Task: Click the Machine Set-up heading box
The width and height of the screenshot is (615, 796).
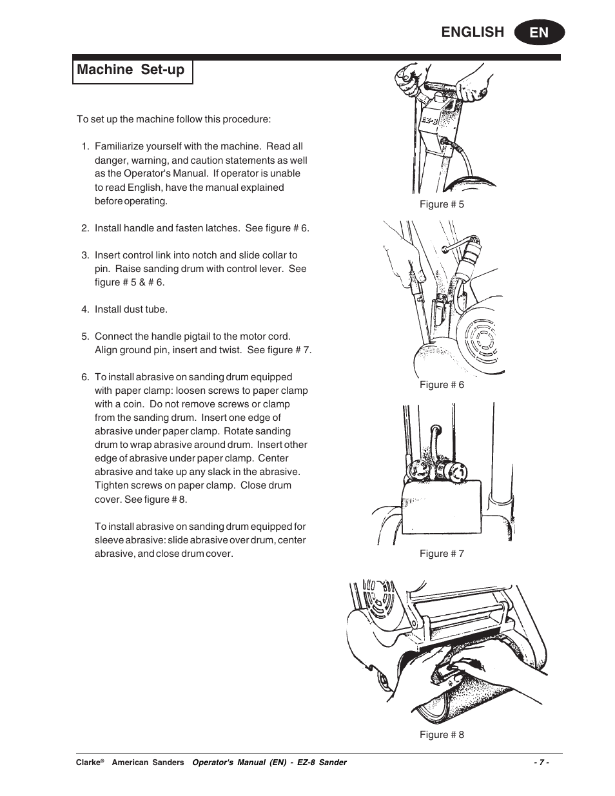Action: [x=132, y=70]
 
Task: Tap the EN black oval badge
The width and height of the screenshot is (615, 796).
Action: [x=540, y=32]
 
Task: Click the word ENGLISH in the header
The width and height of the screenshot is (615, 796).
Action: [x=473, y=32]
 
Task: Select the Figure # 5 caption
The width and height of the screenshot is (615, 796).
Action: [x=442, y=204]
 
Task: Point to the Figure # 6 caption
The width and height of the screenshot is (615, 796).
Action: [x=442, y=385]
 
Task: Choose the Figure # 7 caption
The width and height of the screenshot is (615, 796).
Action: [x=442, y=554]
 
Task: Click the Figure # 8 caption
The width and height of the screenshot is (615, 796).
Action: [x=442, y=735]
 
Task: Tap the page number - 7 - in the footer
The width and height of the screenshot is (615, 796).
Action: [x=541, y=762]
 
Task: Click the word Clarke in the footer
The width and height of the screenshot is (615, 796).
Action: [x=88, y=762]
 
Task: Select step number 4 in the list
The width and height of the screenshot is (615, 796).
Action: [x=85, y=309]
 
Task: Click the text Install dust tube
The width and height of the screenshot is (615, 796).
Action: [x=131, y=309]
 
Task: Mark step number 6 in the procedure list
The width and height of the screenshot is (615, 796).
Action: [x=85, y=377]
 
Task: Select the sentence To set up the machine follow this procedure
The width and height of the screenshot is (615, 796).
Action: [x=173, y=119]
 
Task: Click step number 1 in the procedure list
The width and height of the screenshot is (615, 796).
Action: [x=85, y=146]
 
